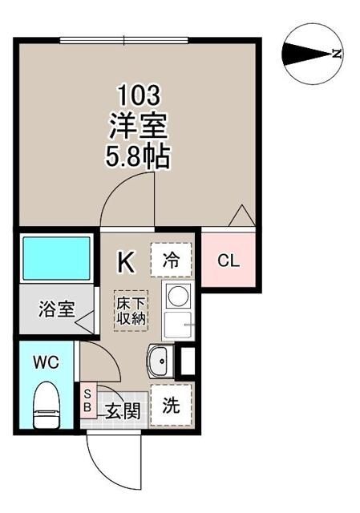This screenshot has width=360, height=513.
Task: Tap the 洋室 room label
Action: [x=139, y=125]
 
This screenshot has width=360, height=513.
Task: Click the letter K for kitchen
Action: [x=126, y=261]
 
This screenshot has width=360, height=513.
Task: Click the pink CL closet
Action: [x=229, y=261]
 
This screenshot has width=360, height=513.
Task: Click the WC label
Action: [x=46, y=362]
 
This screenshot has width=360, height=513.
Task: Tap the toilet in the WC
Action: [x=46, y=404]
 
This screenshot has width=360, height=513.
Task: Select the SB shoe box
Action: [x=87, y=398]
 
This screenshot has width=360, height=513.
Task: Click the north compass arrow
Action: [x=309, y=55]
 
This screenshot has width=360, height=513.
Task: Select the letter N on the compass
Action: [x=338, y=55]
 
